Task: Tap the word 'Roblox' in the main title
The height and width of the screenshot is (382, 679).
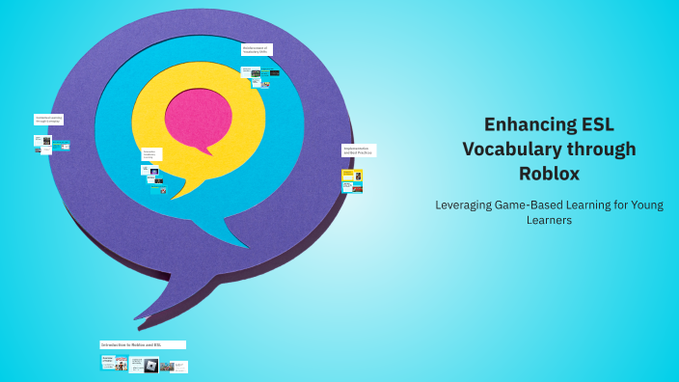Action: (549, 174)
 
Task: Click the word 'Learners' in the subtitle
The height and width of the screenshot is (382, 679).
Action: (549, 220)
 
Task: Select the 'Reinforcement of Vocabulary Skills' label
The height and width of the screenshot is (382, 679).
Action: (257, 49)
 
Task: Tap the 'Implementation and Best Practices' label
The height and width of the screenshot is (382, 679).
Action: (359, 150)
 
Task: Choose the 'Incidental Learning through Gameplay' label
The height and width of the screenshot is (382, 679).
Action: (48, 120)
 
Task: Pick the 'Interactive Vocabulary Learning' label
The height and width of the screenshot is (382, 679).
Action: (151, 154)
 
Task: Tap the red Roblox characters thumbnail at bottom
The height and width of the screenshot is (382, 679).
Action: (121, 364)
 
